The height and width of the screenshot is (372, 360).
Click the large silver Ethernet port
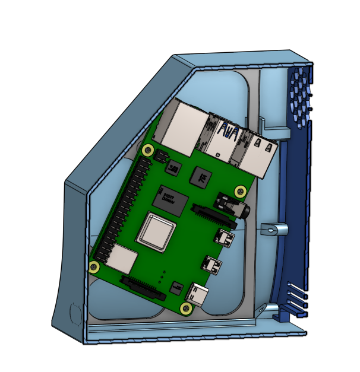tap(181, 128)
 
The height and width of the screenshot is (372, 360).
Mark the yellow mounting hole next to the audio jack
tap(241, 191)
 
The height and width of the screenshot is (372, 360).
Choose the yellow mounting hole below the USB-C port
tap(186, 307)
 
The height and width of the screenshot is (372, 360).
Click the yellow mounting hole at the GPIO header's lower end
tap(94, 265)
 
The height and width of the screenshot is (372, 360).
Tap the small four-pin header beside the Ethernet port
tap(161, 156)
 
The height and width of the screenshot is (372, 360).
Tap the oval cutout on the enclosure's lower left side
tap(75, 314)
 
